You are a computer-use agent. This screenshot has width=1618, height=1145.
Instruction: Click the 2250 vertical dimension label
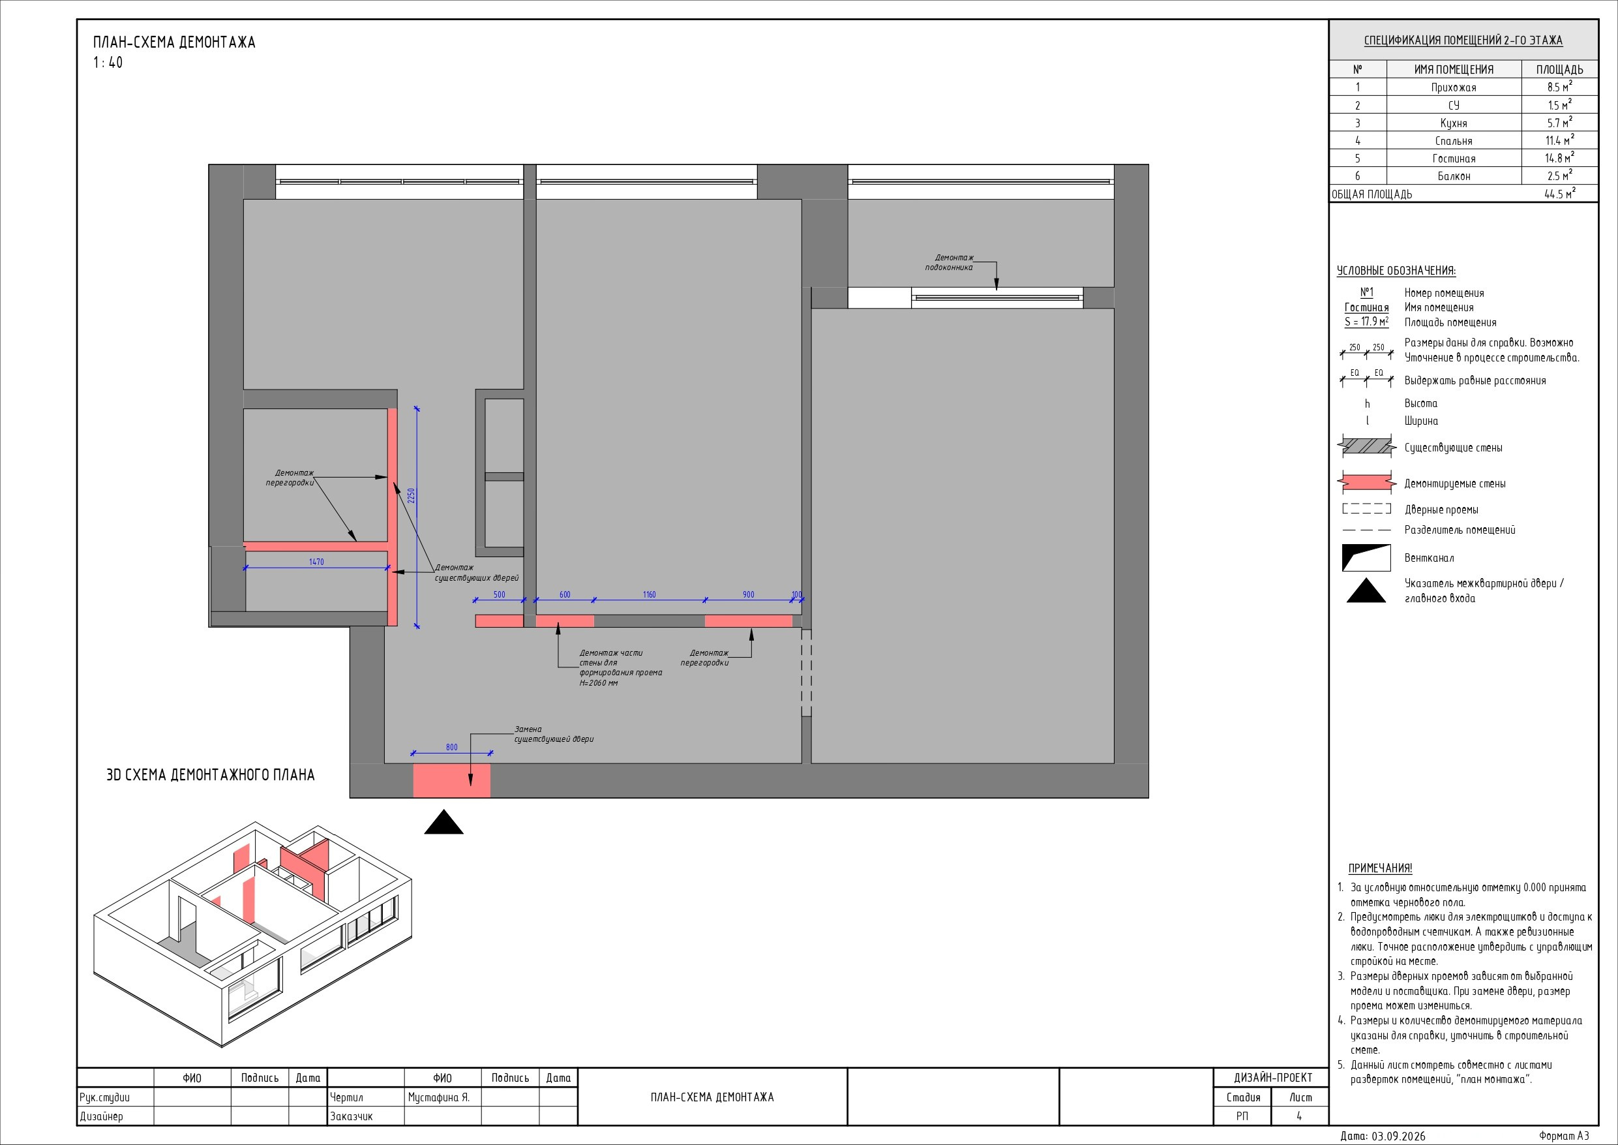(412, 496)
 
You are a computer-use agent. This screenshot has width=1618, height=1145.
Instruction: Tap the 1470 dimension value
(316, 562)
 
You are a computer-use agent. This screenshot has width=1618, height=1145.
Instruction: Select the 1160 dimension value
(649, 594)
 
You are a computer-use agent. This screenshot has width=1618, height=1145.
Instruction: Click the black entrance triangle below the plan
(444, 823)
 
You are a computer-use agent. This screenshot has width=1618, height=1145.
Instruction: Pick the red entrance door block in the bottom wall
(452, 780)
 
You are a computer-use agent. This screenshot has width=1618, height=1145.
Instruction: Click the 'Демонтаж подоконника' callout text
(950, 263)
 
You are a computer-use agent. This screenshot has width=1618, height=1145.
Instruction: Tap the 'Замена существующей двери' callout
(554, 735)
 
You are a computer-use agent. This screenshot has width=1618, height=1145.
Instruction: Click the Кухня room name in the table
(1453, 123)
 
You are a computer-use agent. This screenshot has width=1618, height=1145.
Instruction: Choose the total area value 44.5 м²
(1559, 194)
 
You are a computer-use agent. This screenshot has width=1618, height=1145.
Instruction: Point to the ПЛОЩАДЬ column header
(1559, 69)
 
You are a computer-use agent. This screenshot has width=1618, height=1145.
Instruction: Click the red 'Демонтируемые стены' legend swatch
(1366, 483)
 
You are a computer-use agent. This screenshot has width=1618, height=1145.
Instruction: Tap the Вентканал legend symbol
(1366, 558)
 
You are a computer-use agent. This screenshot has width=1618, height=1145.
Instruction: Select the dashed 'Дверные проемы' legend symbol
(1366, 508)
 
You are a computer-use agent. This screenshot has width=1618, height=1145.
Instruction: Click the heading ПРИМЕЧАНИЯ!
(1380, 868)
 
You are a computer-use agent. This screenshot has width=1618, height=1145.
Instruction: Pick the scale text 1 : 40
(108, 63)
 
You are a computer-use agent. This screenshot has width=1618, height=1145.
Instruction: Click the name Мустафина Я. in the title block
(438, 1098)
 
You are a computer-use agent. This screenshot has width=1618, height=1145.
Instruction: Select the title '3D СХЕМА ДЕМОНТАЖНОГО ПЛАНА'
(210, 775)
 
